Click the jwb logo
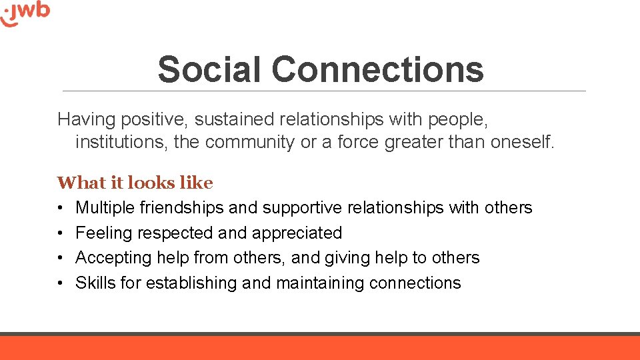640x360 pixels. pos(25,13)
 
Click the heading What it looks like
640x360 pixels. pos(135,183)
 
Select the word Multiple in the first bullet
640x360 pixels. pos(105,208)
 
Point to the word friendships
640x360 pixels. pos(182,208)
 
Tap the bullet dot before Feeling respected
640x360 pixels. pos(60,233)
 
